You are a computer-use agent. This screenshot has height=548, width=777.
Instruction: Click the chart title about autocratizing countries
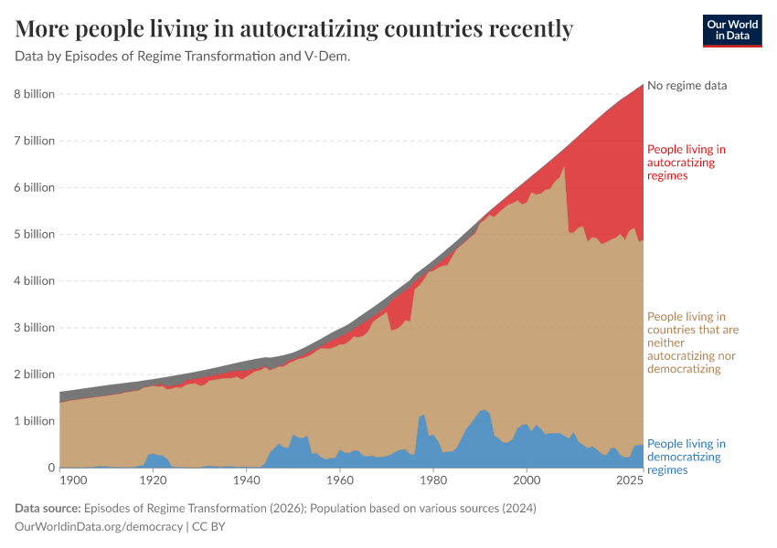pyautogui.click(x=294, y=29)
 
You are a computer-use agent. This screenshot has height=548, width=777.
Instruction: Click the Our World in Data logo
pyautogui.click(x=731, y=30)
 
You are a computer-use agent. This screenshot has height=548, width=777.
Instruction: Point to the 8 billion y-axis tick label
pyautogui.click(x=34, y=94)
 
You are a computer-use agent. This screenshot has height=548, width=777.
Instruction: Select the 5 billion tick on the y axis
pyautogui.click(x=34, y=234)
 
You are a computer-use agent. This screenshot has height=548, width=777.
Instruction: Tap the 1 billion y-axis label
pyautogui.click(x=34, y=421)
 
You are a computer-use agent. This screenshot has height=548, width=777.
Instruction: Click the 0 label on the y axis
pyautogui.click(x=51, y=468)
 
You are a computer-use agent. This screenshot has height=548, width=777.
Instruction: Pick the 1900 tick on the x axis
pyautogui.click(x=73, y=480)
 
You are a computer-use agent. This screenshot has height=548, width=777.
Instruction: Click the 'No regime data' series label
pyautogui.click(x=687, y=86)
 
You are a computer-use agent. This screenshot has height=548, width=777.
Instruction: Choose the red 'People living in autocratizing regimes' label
pyautogui.click(x=687, y=162)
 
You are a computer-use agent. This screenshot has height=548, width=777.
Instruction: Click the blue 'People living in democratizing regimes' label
pyautogui.click(x=687, y=457)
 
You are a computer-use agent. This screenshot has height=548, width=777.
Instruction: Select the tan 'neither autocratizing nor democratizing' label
pyautogui.click(x=693, y=342)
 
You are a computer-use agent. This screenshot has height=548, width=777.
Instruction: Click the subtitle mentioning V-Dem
pyautogui.click(x=183, y=57)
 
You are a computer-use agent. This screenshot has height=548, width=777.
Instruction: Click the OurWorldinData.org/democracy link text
pyautogui.click(x=100, y=527)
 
